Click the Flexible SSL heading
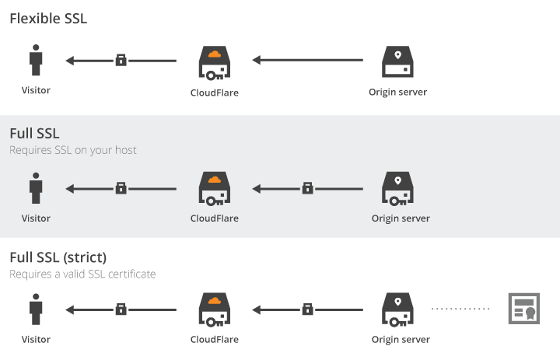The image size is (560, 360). pyautogui.click(x=48, y=19)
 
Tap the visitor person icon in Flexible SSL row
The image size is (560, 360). pyautogui.click(x=36, y=61)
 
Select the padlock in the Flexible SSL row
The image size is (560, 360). pyautogui.click(x=121, y=60)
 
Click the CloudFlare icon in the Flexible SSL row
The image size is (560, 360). pyautogui.click(x=214, y=62)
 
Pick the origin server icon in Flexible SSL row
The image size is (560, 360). pyautogui.click(x=397, y=62)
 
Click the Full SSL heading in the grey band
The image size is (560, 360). pyautogui.click(x=34, y=134)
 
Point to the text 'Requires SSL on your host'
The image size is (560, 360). pyautogui.click(x=73, y=150)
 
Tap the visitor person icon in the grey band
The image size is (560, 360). pyautogui.click(x=36, y=187)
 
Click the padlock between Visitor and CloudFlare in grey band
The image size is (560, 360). pyautogui.click(x=121, y=187)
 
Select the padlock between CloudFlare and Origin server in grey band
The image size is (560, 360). pyautogui.click(x=307, y=187)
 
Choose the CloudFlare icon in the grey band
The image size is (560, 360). pyautogui.click(x=214, y=188)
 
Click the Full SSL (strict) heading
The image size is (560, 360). pyautogui.click(x=58, y=257)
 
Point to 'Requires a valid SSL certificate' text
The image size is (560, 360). pyautogui.click(x=82, y=274)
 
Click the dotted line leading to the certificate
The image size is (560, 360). pyautogui.click(x=461, y=309)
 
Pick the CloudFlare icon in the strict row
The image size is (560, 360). pyautogui.click(x=214, y=309)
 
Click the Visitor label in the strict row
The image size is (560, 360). pyautogui.click(x=36, y=340)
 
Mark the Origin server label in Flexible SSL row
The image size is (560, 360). pyautogui.click(x=397, y=93)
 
